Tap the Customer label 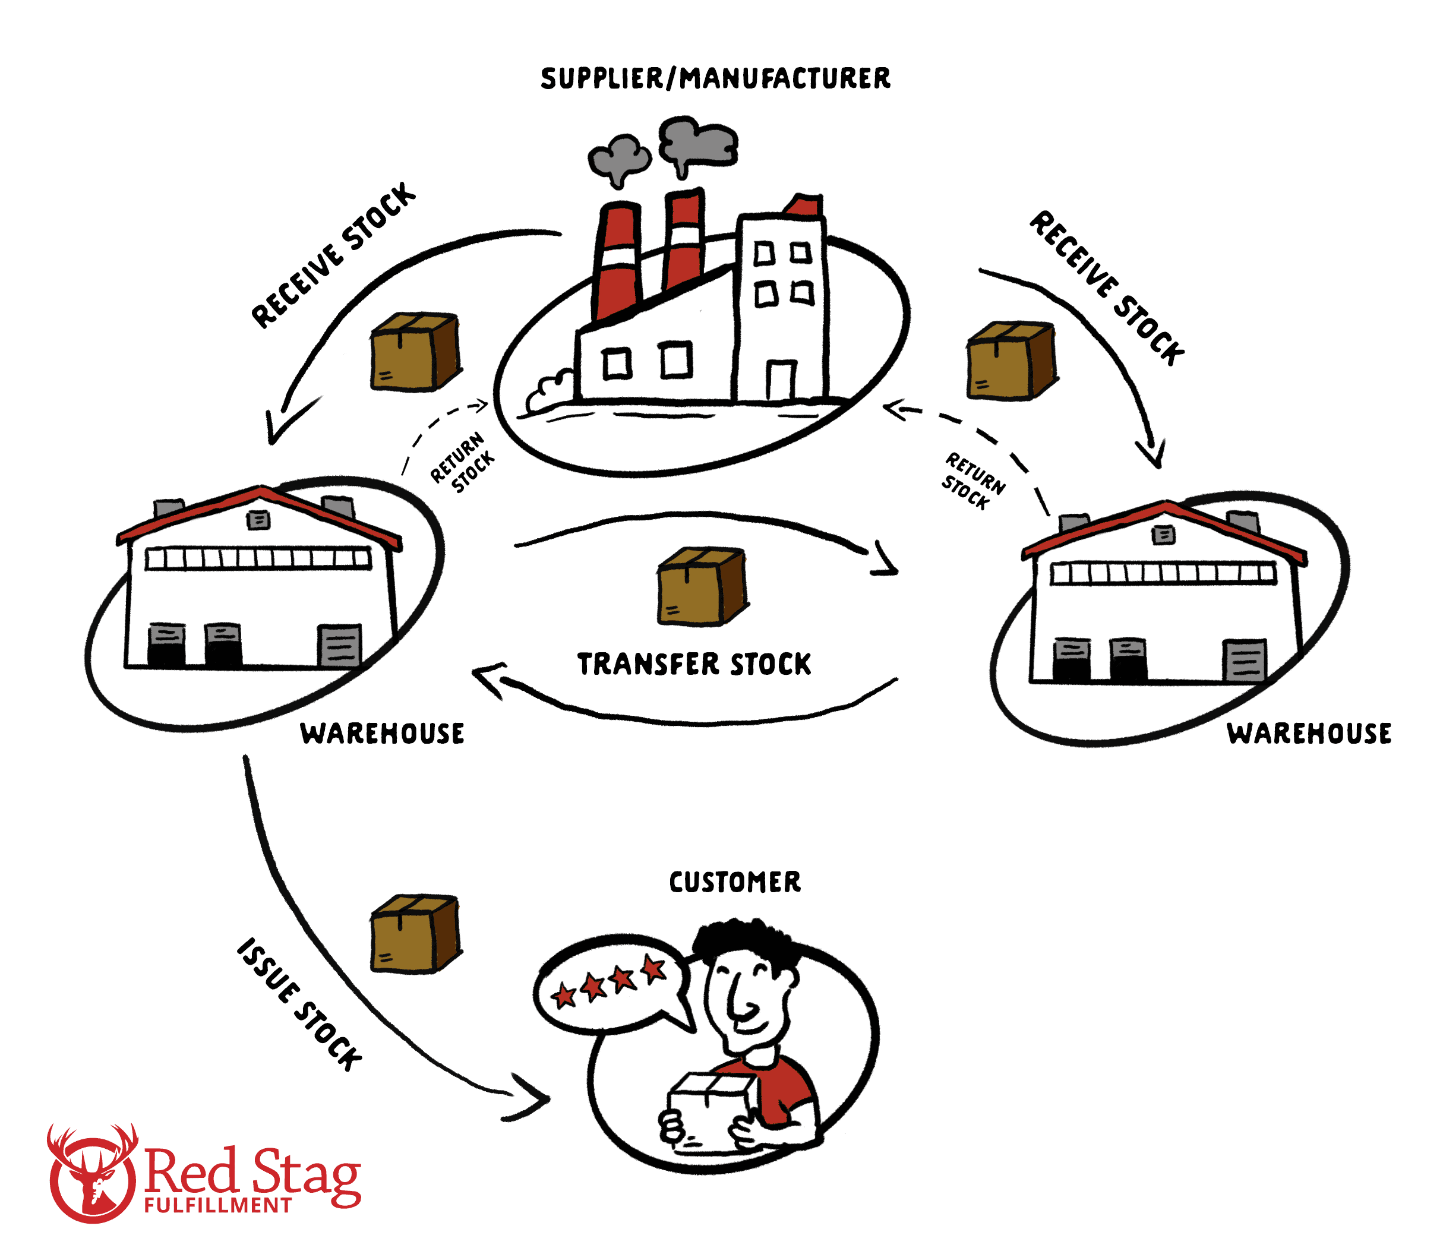[x=734, y=882]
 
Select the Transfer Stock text [x=694, y=664]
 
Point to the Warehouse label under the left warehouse [x=382, y=733]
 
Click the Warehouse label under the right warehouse [x=1309, y=733]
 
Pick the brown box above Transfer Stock [x=702, y=586]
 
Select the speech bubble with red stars [x=607, y=984]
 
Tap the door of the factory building [x=781, y=380]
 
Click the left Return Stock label [x=462, y=462]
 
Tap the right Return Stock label [x=973, y=481]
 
